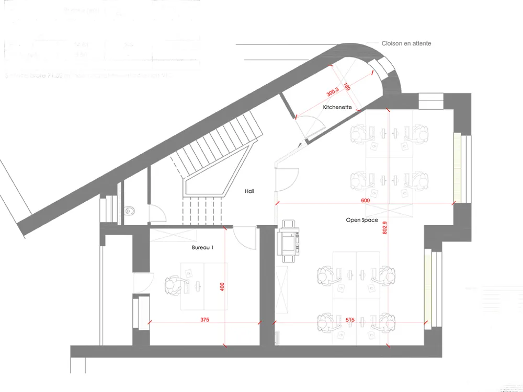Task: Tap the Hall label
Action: pyautogui.click(x=249, y=191)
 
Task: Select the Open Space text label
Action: pyautogui.click(x=362, y=221)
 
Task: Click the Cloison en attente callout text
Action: pyautogui.click(x=407, y=43)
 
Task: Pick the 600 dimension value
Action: pyautogui.click(x=366, y=201)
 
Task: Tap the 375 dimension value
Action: pyautogui.click(x=204, y=319)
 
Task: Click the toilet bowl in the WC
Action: pyautogui.click(x=129, y=211)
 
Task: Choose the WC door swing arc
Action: pyautogui.click(x=157, y=211)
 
